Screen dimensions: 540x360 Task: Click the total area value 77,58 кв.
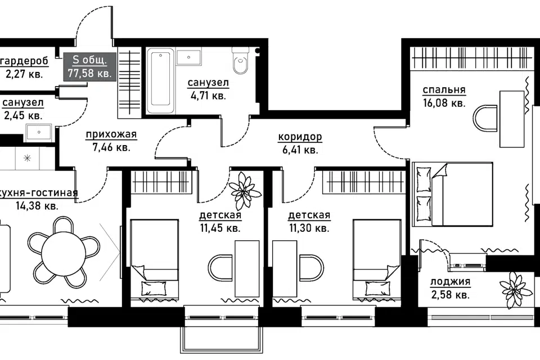point(90,73)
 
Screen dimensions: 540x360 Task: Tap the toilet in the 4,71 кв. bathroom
point(240,60)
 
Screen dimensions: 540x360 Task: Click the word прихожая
point(111,134)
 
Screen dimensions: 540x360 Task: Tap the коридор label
point(300,137)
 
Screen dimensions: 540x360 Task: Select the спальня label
point(444,89)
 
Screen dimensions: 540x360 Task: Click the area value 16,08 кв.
point(444,103)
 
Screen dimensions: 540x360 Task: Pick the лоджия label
point(450,282)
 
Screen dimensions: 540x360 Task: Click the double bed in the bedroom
point(452,194)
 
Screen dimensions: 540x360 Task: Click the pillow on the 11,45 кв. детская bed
point(154,288)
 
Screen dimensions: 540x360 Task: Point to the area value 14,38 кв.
point(37,206)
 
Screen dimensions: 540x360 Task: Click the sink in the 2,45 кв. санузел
point(39,133)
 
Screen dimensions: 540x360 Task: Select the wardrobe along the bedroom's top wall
point(472,57)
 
